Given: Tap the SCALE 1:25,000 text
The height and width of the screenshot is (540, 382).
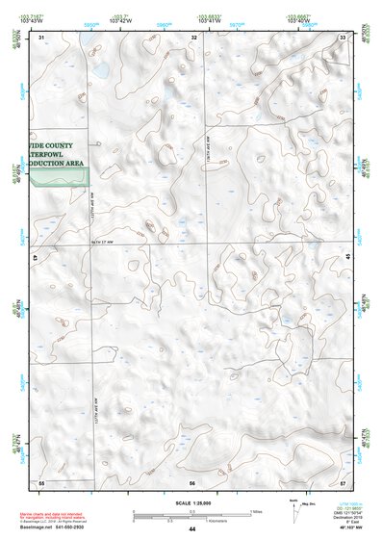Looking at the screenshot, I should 192,501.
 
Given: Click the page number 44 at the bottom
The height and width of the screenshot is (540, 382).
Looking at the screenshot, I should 192,529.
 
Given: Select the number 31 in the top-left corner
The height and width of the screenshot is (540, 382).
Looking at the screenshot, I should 41,37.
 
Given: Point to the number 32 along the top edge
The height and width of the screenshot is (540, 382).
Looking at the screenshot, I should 193,37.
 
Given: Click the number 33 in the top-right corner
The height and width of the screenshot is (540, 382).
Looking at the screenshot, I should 343,37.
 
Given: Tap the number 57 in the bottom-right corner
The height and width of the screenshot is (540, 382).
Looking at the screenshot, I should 343,480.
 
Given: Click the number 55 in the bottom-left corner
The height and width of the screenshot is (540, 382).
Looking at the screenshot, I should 41,480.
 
